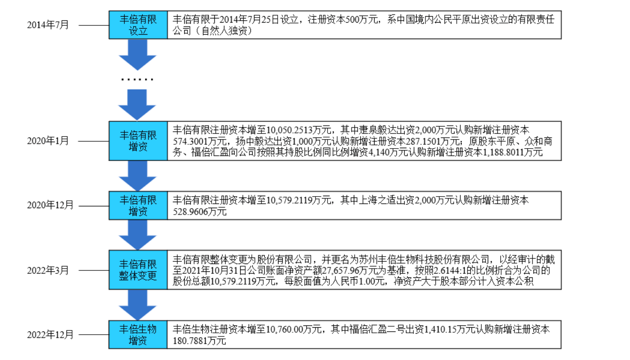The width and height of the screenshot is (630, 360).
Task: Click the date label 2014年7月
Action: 48,25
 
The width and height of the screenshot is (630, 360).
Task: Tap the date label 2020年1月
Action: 48,141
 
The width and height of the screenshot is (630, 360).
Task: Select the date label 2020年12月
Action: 50,205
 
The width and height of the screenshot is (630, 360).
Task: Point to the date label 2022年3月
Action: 48,270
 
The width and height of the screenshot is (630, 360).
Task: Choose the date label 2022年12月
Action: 50,335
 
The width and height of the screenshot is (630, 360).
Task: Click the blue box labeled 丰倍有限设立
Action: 138,25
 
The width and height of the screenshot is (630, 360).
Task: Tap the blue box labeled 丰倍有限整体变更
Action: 138,270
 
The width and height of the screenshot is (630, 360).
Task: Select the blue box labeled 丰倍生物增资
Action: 138,335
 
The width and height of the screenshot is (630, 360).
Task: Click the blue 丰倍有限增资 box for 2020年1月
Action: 138,141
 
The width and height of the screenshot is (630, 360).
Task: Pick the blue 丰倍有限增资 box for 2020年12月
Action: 138,205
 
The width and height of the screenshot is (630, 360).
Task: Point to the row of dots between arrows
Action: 137,80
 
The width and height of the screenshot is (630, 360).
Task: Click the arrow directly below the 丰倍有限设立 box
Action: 138,55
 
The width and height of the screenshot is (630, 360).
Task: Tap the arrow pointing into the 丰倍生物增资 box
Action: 138,305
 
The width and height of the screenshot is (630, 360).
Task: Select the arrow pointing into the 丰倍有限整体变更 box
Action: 138,235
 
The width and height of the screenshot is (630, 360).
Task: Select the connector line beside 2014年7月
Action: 94,25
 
